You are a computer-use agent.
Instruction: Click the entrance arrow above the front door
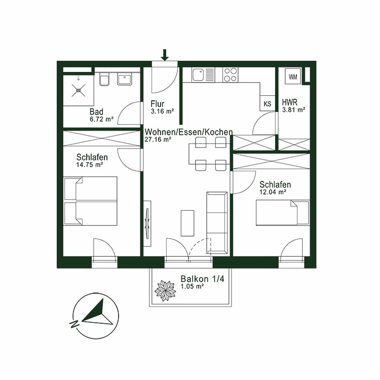click(x=164, y=54)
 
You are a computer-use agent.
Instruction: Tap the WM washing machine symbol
click(x=293, y=77)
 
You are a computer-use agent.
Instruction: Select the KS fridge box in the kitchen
click(x=268, y=103)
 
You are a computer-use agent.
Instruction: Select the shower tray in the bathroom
click(x=79, y=90)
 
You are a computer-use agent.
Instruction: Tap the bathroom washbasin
click(x=125, y=79)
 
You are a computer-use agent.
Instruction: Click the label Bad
click(x=96, y=112)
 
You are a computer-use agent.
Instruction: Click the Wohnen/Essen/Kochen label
click(x=188, y=132)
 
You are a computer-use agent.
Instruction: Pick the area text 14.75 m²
click(x=90, y=164)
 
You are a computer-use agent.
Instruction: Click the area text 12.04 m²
click(x=273, y=192)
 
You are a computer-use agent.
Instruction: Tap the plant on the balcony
click(x=165, y=290)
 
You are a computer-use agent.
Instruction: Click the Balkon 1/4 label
click(x=199, y=279)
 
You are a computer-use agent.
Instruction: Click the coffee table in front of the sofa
click(x=187, y=222)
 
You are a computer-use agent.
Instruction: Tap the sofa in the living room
click(x=217, y=223)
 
